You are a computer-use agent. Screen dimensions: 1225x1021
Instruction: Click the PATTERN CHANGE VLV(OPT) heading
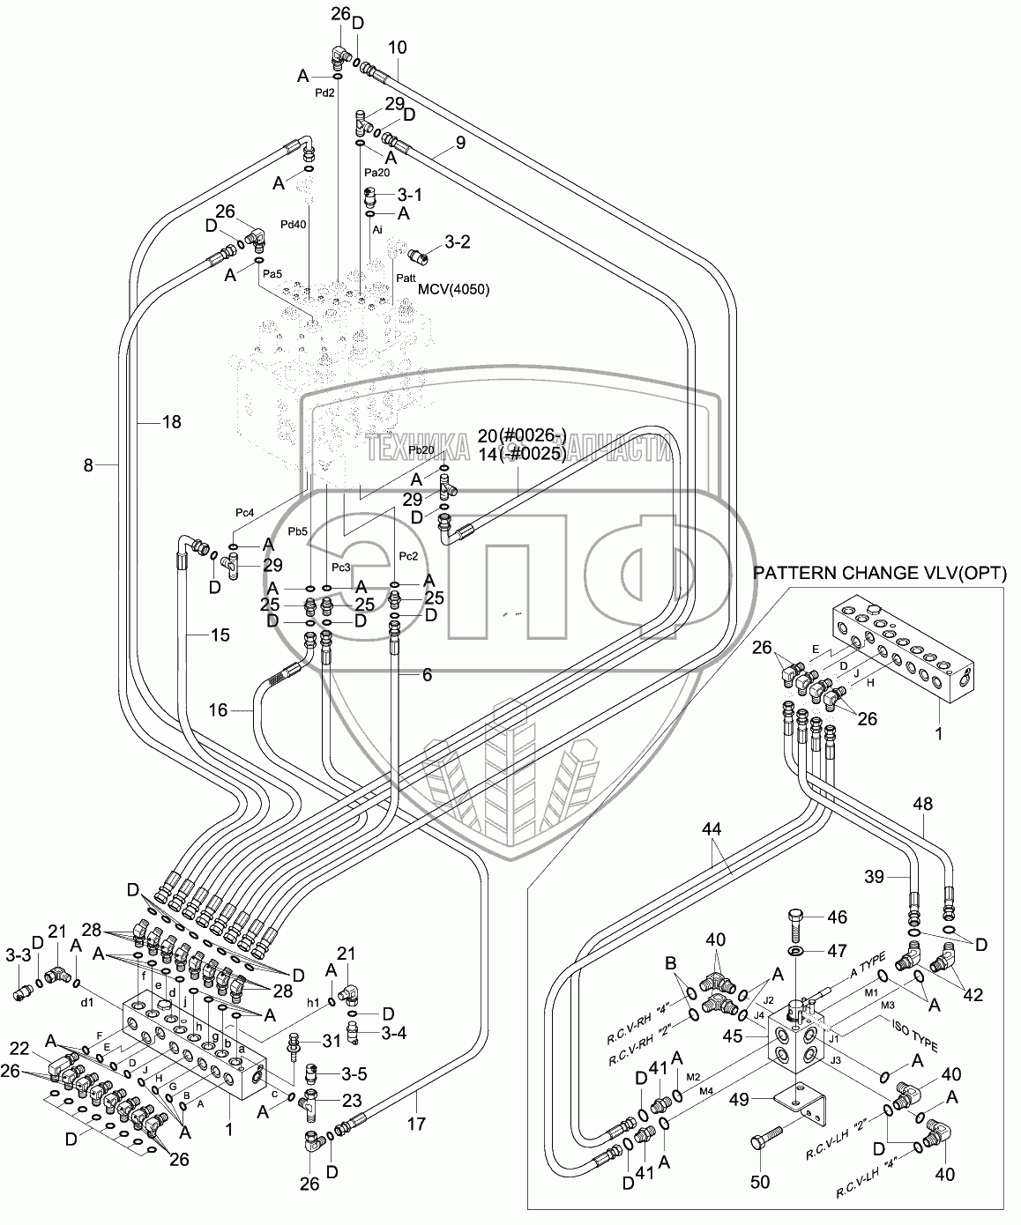click(x=879, y=573)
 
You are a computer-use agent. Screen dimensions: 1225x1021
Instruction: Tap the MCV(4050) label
click(x=454, y=289)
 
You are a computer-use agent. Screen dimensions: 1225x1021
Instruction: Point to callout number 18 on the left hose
click(x=171, y=422)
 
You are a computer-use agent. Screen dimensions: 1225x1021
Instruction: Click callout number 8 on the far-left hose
click(x=88, y=464)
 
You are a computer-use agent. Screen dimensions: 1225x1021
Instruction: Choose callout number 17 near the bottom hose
click(x=416, y=1124)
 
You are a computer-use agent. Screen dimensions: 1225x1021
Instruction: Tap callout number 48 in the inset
click(x=922, y=805)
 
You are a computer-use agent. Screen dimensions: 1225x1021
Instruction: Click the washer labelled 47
click(x=797, y=952)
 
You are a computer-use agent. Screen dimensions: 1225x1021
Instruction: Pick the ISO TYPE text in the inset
click(x=907, y=1034)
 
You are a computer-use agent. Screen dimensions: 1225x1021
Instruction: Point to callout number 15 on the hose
click(x=220, y=634)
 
